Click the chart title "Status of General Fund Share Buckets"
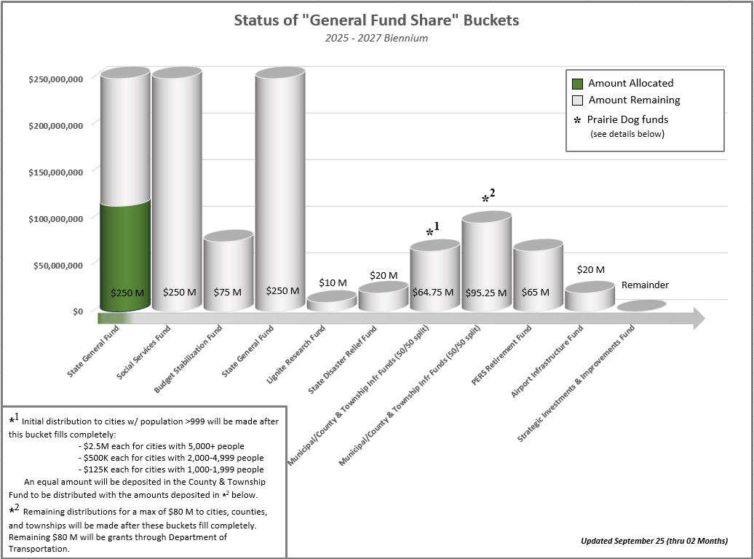pos(376,20)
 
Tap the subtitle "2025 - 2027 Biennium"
pos(376,38)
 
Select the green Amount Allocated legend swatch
pos(578,84)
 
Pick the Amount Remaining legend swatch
pos(578,100)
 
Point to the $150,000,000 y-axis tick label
pos(56,172)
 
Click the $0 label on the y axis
pos(76,312)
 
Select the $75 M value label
pos(227,292)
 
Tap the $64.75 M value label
pos(433,292)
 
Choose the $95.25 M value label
pos(485,292)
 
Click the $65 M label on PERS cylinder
pos(536,292)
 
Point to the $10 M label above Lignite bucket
pos(333,282)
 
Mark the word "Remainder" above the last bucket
pos(644,285)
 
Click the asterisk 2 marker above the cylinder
pos(488,197)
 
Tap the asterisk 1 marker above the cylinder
pos(433,231)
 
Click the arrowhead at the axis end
pos(698,318)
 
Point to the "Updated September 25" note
pos(654,541)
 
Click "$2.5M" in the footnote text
pos(94,446)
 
